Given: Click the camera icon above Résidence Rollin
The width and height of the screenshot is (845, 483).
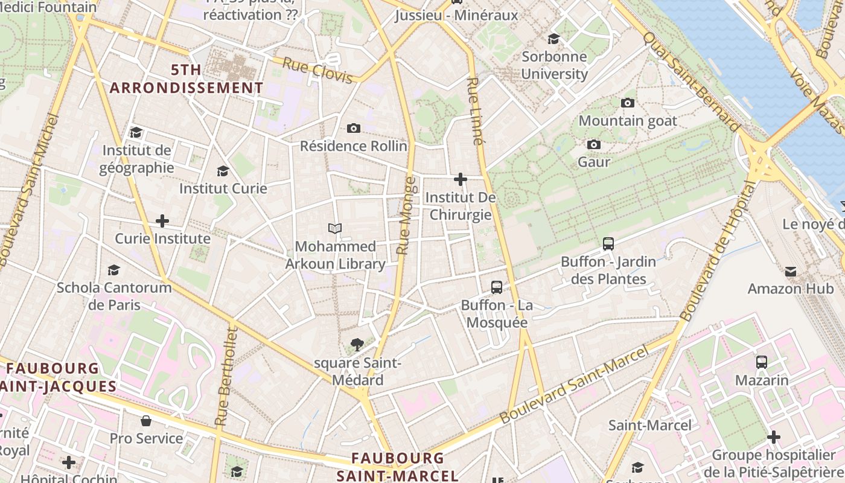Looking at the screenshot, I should click(354, 128).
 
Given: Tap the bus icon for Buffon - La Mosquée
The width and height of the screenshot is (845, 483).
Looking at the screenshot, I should click(497, 287).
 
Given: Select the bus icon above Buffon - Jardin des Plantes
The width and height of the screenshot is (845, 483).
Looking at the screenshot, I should click(608, 244).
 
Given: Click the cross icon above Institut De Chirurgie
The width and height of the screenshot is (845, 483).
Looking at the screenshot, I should click(461, 179).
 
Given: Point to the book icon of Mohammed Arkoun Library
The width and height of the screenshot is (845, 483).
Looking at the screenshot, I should click(335, 228).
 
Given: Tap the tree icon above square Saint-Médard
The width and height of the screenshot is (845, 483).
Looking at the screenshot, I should click(357, 345).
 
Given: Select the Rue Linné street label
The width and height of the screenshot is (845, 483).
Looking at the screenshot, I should click(476, 111).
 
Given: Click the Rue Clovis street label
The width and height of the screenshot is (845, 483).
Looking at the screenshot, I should click(317, 71).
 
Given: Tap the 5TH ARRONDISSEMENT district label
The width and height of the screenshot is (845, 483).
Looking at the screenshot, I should click(187, 79).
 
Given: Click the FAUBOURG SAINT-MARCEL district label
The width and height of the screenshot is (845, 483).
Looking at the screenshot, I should click(398, 467).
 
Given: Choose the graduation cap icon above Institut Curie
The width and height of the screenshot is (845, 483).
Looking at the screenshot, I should click(223, 171).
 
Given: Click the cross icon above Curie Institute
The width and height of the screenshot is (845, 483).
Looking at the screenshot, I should click(162, 221).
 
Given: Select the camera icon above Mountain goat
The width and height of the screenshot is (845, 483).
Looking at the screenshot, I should click(628, 103).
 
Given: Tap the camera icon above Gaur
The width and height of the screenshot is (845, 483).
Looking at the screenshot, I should click(594, 144).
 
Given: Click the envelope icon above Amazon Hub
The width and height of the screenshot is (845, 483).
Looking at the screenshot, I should click(791, 271).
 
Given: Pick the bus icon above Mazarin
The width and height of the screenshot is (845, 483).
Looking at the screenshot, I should click(762, 362).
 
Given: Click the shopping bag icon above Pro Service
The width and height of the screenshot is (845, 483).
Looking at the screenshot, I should click(146, 421).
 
